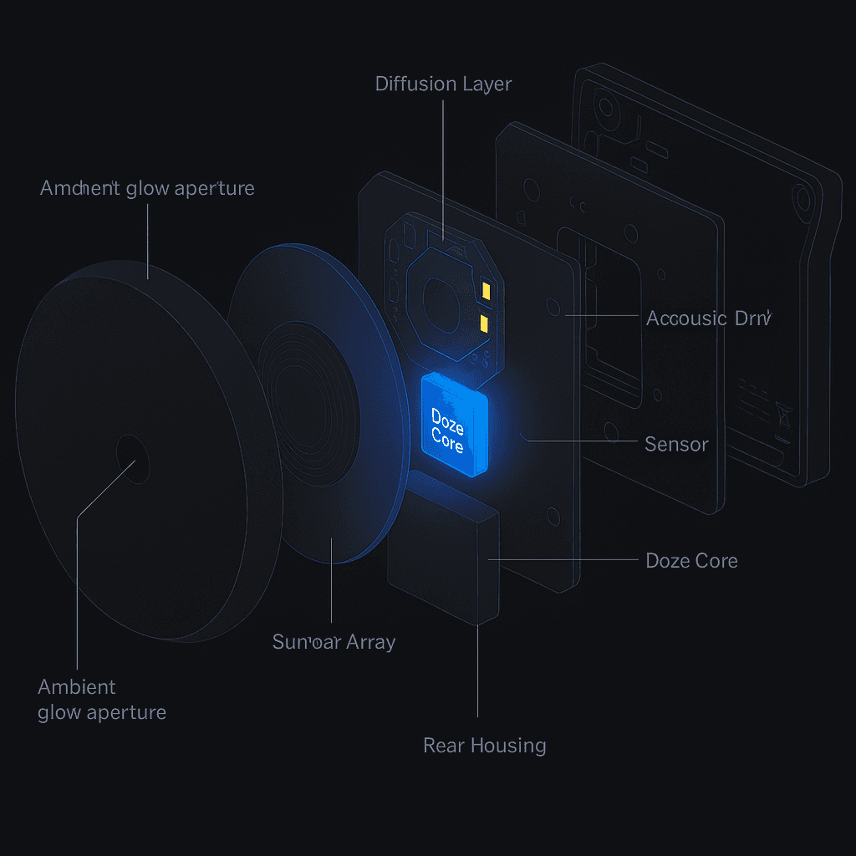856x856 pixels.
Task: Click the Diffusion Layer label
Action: click(x=443, y=84)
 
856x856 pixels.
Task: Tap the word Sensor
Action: click(x=676, y=444)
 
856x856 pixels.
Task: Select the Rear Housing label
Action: click(x=485, y=745)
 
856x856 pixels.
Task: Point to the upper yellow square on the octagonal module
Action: click(x=485, y=290)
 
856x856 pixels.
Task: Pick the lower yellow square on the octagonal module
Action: click(x=484, y=323)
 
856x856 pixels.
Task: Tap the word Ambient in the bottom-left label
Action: click(x=77, y=687)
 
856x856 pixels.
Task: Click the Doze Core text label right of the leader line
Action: click(x=691, y=560)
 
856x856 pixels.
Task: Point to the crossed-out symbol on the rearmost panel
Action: click(x=783, y=411)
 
